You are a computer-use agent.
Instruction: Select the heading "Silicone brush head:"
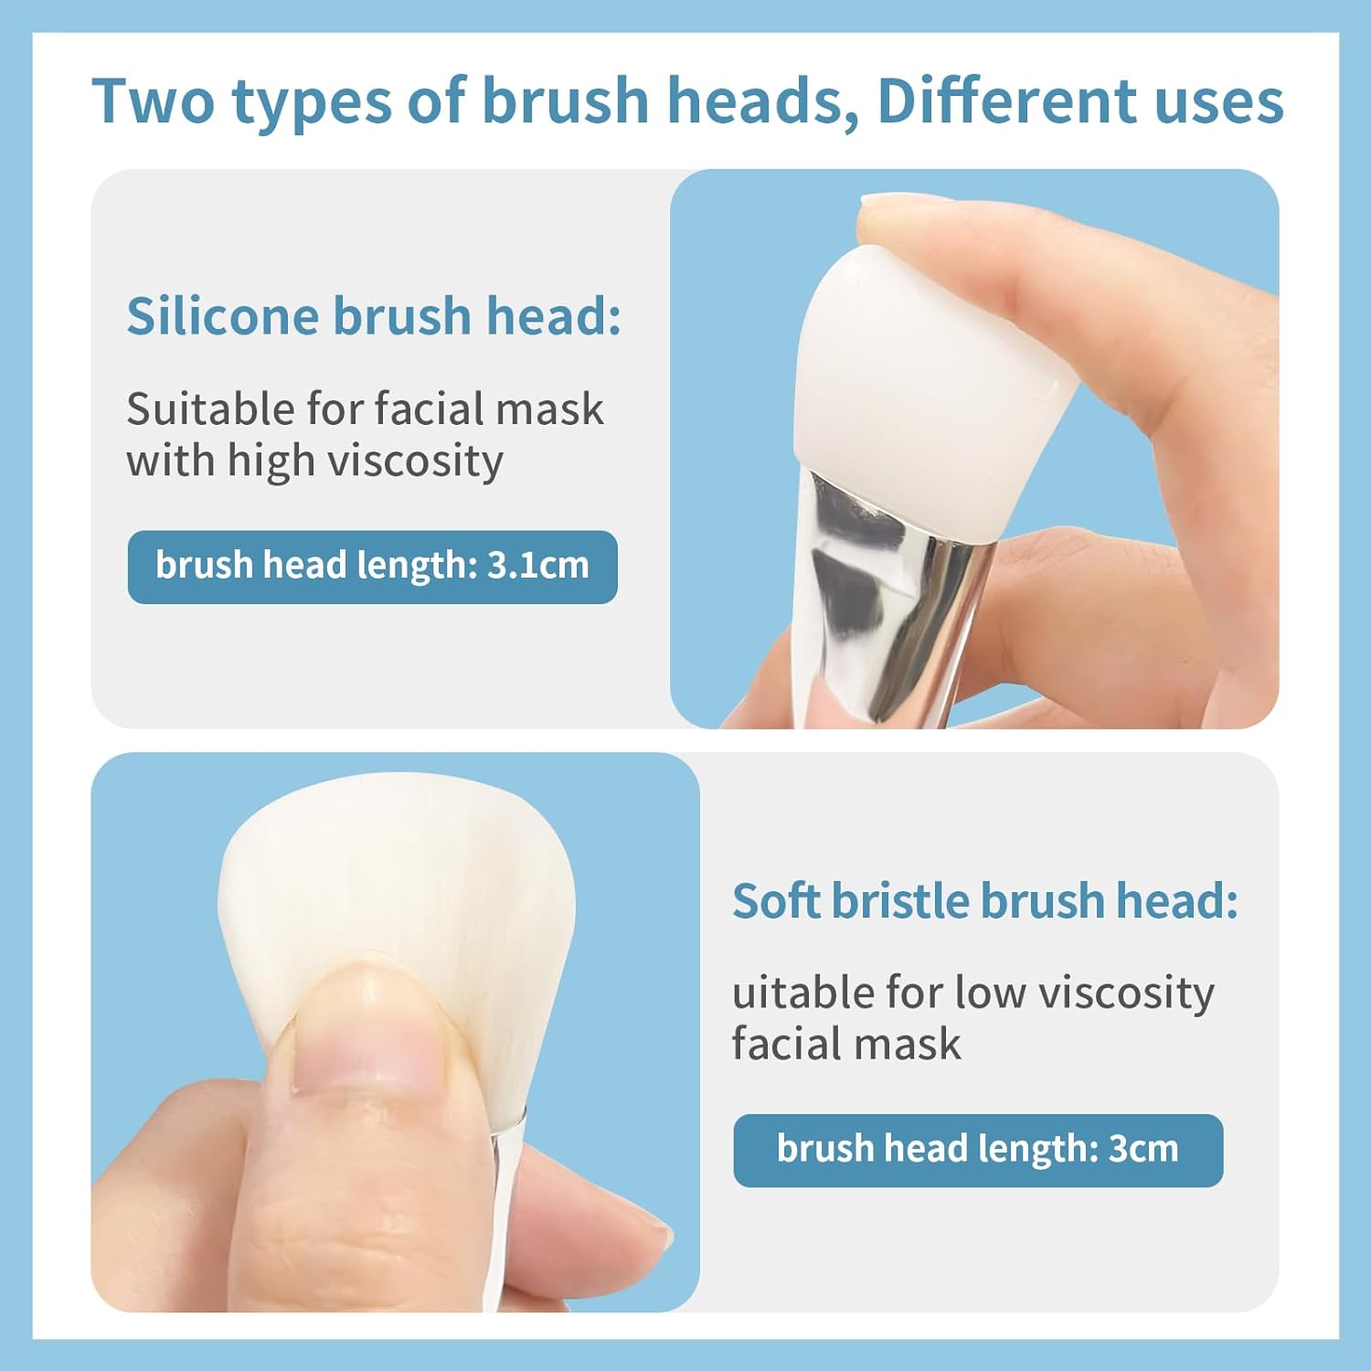point(374,316)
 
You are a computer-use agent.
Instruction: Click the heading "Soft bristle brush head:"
point(985,901)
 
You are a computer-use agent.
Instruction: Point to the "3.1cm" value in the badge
point(538,566)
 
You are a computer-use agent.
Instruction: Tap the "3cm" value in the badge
point(1143,1149)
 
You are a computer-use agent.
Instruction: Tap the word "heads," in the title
point(762,101)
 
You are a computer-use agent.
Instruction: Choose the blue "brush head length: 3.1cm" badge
point(372,567)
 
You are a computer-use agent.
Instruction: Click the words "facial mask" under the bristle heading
point(846,1044)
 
